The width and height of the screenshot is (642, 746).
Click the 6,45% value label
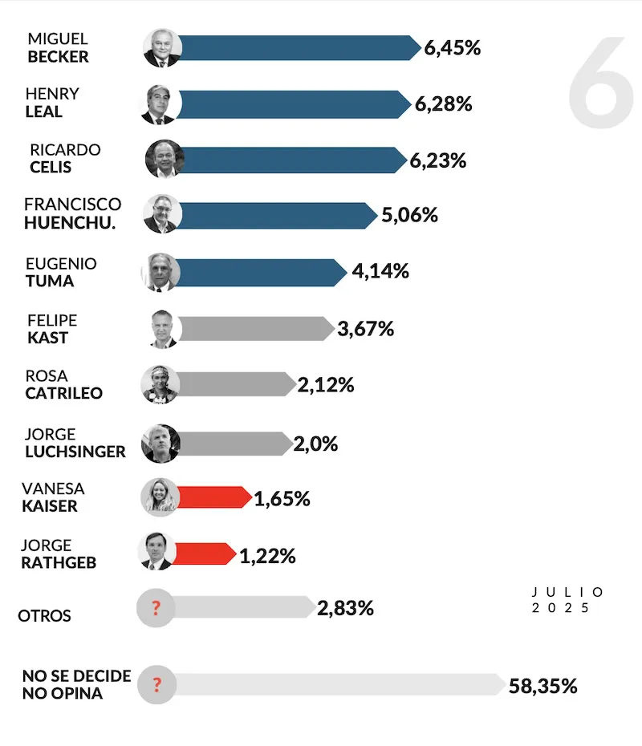(x=453, y=48)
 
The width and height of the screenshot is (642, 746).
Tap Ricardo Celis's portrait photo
(x=165, y=160)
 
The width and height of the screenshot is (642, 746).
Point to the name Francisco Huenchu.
(x=72, y=213)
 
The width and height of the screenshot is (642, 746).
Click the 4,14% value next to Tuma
(x=380, y=271)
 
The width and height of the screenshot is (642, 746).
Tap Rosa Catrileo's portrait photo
(x=160, y=384)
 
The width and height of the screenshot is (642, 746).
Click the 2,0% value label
(x=315, y=444)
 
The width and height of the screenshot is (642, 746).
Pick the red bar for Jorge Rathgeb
(x=205, y=553)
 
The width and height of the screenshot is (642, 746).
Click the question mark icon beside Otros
(x=156, y=607)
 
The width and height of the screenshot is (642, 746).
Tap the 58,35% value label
(x=542, y=686)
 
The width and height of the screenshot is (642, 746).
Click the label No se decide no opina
(x=76, y=685)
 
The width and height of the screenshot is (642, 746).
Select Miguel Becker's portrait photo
(x=163, y=48)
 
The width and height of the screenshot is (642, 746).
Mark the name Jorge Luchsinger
(x=75, y=443)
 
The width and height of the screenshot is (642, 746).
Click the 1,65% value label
(x=282, y=498)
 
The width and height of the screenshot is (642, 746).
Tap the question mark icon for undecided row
(x=156, y=685)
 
